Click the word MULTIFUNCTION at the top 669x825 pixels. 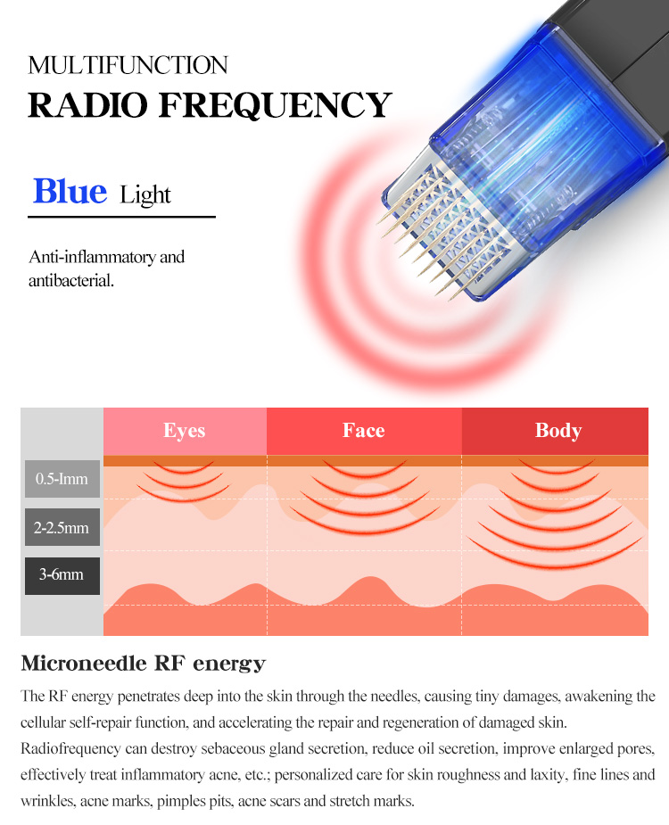click(x=128, y=65)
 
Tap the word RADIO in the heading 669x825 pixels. click(x=88, y=104)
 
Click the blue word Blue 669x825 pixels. click(x=70, y=191)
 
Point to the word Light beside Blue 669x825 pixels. click(x=145, y=194)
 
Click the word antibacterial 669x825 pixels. click(x=71, y=280)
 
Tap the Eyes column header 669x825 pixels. click(x=185, y=431)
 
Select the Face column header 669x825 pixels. click(x=364, y=431)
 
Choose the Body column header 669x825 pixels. click(x=558, y=431)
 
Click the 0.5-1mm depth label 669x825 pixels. click(x=62, y=479)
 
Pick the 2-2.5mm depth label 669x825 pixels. click(x=62, y=527)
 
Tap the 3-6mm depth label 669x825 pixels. click(x=62, y=575)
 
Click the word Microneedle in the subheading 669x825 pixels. click(x=84, y=663)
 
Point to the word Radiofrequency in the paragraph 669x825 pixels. click(x=70, y=748)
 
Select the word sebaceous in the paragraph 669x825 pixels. click(x=233, y=748)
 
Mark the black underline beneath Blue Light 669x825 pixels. click(x=121, y=217)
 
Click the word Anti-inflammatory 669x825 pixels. click(x=92, y=257)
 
